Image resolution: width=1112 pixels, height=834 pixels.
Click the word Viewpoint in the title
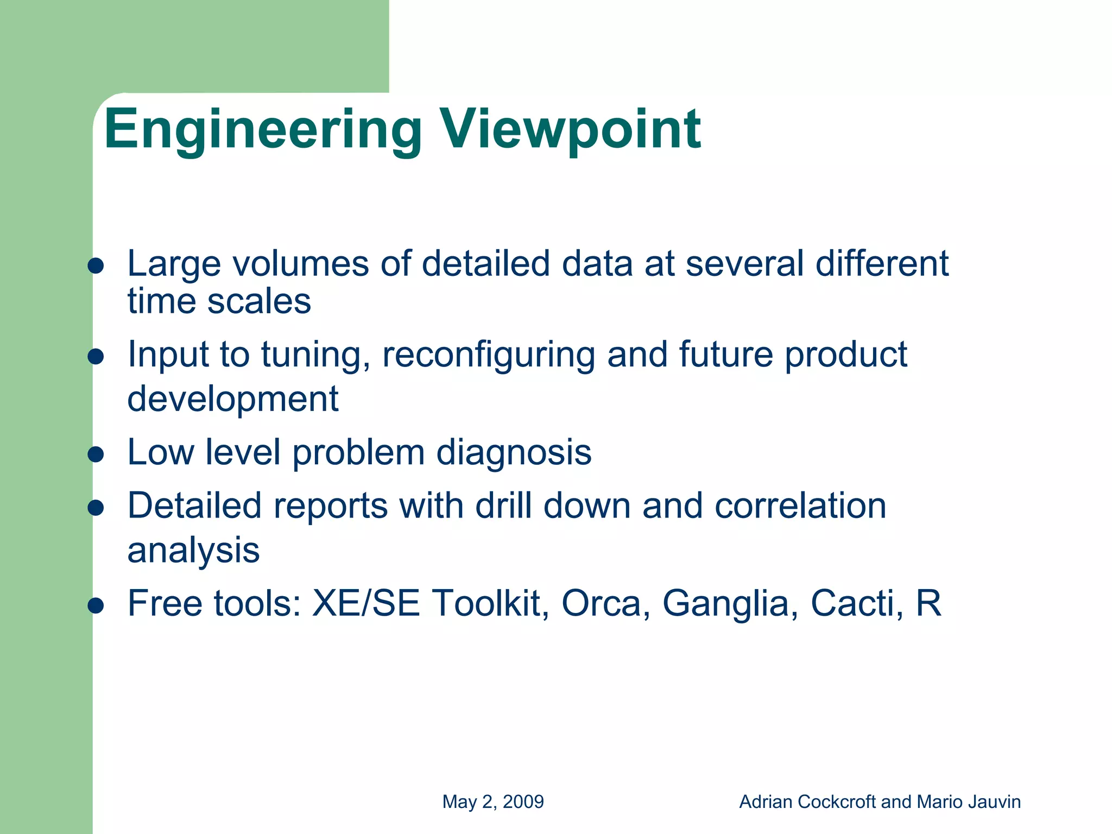(570, 130)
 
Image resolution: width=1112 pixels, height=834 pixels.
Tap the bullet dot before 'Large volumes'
(96, 266)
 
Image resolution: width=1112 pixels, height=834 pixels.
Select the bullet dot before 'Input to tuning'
(96, 357)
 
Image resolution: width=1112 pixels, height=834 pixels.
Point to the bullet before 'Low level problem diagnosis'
(96, 454)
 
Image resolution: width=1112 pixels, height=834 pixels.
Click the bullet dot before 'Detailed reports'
(96, 508)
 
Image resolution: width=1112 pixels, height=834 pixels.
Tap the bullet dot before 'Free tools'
(96, 605)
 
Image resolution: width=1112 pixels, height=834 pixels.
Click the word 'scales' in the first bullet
(259, 302)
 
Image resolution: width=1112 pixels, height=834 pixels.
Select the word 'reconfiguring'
(488, 355)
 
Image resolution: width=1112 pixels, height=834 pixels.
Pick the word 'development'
(233, 399)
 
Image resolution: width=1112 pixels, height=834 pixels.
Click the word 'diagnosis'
(514, 453)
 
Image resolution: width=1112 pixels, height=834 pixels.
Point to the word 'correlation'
(800, 506)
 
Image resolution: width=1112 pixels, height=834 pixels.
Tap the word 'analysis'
(193, 551)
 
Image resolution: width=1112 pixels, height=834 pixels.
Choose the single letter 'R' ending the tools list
(928, 603)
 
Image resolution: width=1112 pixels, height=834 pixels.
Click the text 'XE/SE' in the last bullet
(367, 603)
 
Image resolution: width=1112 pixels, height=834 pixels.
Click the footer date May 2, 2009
(493, 802)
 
